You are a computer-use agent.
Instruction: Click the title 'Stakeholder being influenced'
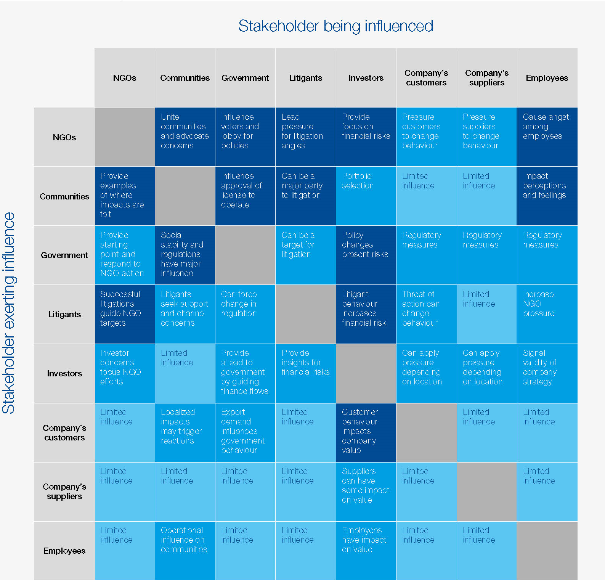[335, 26]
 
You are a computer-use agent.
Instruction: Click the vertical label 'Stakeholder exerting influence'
[8, 313]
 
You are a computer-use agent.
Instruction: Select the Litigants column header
[305, 78]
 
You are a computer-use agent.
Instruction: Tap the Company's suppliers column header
[486, 78]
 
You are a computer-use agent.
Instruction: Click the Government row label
[64, 255]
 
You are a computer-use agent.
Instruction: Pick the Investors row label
[64, 373]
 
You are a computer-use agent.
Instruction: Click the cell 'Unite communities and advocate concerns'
[185, 137]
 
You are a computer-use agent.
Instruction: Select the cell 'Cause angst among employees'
[547, 137]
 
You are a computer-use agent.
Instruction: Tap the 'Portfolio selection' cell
[366, 196]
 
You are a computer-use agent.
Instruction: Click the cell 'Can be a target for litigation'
[305, 255]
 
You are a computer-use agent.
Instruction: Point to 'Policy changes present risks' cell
[366, 255]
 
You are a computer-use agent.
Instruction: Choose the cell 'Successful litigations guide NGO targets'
[125, 314]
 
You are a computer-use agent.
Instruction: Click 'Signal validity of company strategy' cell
[547, 373]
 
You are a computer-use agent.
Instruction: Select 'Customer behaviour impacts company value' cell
[366, 432]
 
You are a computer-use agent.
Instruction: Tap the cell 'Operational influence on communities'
[185, 550]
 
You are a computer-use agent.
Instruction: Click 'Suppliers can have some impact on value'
[366, 491]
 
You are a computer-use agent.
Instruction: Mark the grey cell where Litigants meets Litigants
[305, 314]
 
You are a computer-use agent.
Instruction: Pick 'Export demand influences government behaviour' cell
[245, 432]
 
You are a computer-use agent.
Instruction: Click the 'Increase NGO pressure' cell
[547, 314]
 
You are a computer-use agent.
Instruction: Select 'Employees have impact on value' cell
[366, 550]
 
